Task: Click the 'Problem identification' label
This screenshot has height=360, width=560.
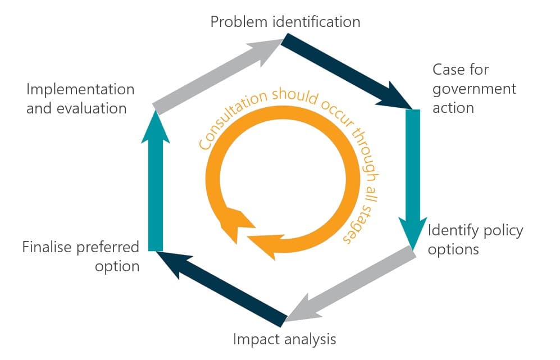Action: pyautogui.click(x=285, y=22)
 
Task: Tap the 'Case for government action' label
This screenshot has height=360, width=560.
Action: pyautogui.click(x=474, y=89)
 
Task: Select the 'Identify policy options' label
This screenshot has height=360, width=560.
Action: pyautogui.click(x=475, y=240)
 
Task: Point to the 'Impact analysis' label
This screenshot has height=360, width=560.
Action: pyautogui.click(x=284, y=339)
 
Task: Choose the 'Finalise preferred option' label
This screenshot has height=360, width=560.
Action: pyautogui.click(x=81, y=257)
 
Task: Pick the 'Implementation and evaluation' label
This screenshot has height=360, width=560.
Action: pyautogui.click(x=80, y=99)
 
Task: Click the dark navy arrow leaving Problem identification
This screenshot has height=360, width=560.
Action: pyautogui.click(x=347, y=71)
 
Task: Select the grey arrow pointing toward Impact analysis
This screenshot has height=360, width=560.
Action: pyautogui.click(x=350, y=284)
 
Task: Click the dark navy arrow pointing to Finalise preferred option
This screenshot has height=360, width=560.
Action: pyautogui.click(x=222, y=289)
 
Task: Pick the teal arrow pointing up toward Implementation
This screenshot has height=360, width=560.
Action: pyautogui.click(x=156, y=180)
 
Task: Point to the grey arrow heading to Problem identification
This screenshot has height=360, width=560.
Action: pyautogui.click(x=218, y=77)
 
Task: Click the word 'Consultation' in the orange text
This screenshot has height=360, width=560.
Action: pyautogui.click(x=232, y=117)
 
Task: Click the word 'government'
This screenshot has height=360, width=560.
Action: pyautogui.click(x=474, y=89)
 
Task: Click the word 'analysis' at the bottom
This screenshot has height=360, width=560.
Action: pyautogui.click(x=308, y=339)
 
